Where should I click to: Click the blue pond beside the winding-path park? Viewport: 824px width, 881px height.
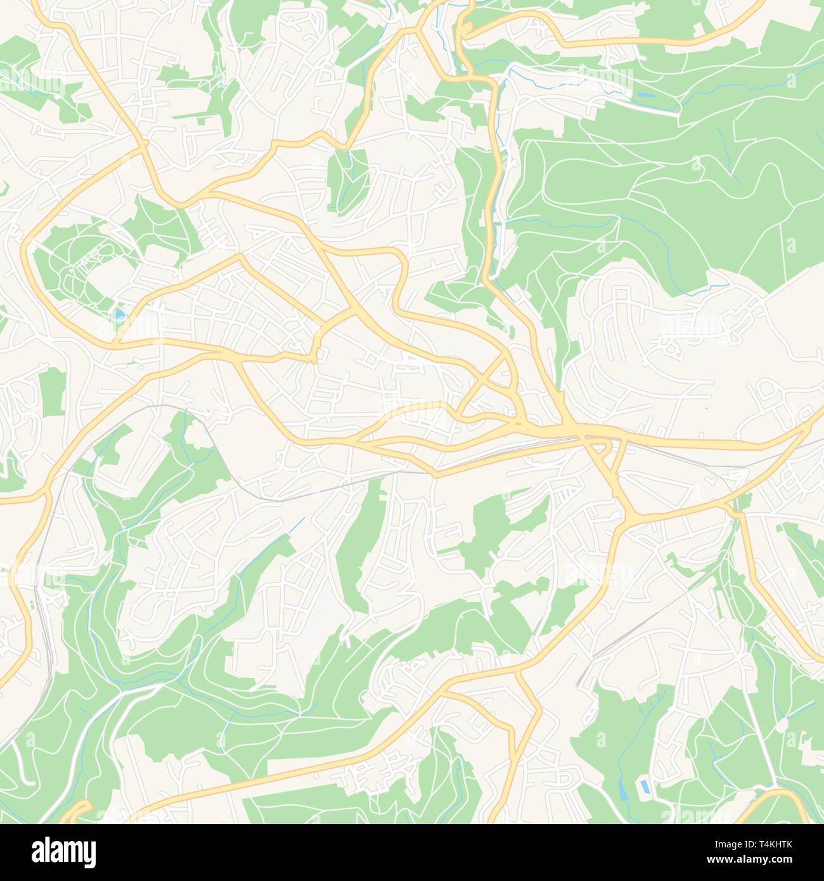tap(119, 314)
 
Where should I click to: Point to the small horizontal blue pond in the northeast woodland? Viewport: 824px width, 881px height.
tap(645, 95)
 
